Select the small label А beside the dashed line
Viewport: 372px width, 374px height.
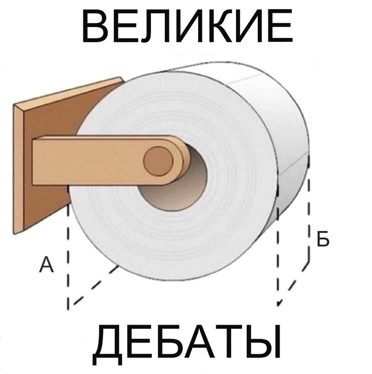click(x=47, y=265)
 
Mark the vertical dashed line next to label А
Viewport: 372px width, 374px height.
click(x=69, y=255)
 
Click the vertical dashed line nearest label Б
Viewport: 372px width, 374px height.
click(x=309, y=212)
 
